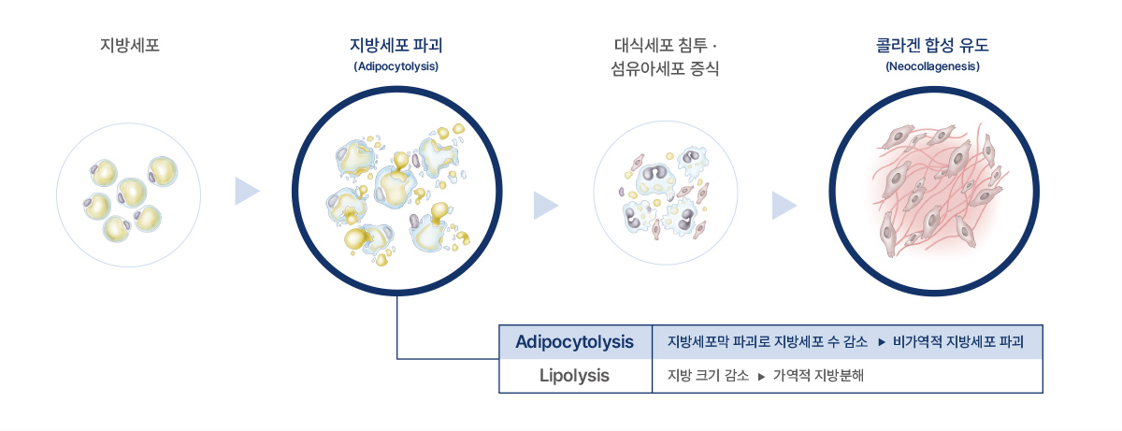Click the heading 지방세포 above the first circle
[130, 46]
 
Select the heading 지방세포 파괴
[396, 46]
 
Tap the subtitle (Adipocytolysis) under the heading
[396, 66]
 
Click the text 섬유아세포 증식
[665, 68]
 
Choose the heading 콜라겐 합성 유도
[932, 46]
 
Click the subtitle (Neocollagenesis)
[933, 66]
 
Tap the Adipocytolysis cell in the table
[574, 342]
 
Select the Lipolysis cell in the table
[574, 376]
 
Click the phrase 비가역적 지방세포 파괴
[958, 342]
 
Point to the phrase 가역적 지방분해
[818, 376]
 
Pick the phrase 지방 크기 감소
[709, 376]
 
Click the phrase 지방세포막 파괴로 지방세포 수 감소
[768, 342]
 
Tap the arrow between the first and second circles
[246, 191]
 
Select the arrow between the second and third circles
[544, 206]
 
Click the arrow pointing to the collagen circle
[783, 206]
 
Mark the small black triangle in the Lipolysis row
[761, 377]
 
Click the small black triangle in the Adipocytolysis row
[882, 342]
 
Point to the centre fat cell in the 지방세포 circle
[132, 193]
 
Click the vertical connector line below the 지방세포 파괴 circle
[397, 327]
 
